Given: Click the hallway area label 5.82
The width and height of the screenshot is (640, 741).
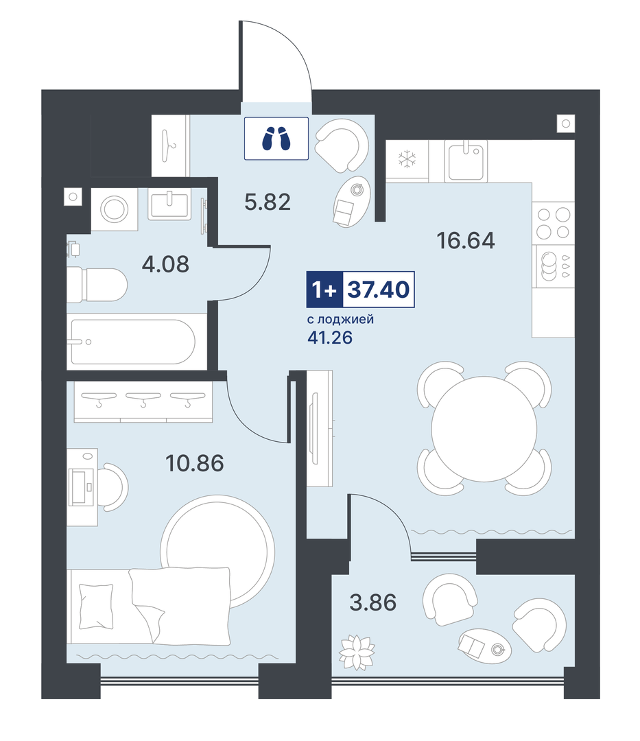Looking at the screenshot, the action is point(268,202).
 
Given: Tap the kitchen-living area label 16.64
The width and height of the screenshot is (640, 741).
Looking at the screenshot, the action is point(466,241).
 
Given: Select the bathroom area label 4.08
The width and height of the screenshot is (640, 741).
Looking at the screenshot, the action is point(165,264).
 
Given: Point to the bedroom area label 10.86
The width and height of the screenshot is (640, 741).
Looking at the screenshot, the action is point(195,463).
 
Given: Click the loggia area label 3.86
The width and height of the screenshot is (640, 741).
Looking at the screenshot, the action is point(372,602).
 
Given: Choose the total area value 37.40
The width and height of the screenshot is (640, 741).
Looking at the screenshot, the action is point(379,290).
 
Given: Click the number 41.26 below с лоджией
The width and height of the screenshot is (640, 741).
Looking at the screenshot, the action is point(330,338).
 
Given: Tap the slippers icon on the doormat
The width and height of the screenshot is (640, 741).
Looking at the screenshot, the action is point(276,139).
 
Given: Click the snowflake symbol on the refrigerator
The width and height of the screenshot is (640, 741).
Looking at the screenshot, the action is point(407,159).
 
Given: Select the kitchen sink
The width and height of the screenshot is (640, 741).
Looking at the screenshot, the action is point(465,161).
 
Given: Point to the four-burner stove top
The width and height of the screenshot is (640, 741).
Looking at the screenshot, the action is point(553,223).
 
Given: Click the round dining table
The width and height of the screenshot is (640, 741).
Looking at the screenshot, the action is point(484,429).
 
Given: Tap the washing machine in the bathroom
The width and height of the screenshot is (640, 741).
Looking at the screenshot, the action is point(114,209).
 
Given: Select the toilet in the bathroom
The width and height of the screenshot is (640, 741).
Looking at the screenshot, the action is point(97,285).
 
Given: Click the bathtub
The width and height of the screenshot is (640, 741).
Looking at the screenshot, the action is point(132,342).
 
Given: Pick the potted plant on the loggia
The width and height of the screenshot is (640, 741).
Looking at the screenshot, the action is point(357,652).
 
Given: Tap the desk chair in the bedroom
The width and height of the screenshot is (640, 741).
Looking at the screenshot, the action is point(115,487).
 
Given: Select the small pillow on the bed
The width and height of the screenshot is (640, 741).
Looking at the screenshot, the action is point(96,607).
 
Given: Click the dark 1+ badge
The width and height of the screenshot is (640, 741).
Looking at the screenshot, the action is point(324,290).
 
